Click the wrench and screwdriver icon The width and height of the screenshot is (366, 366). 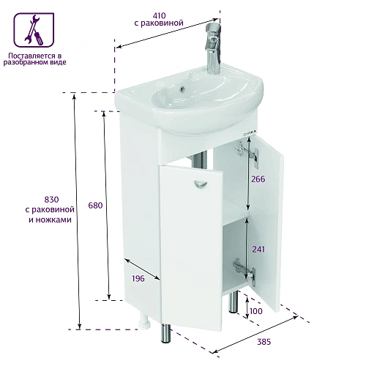click(x=34, y=30)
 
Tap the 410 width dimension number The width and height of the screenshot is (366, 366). click(x=159, y=15)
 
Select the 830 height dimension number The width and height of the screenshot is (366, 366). click(x=51, y=200)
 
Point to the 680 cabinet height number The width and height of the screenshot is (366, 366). click(x=95, y=205)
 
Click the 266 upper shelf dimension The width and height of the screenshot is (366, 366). click(x=258, y=179)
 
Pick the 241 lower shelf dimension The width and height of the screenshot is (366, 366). click(x=258, y=249)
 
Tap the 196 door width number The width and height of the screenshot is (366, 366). click(x=138, y=278)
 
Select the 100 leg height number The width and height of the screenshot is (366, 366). click(x=256, y=311)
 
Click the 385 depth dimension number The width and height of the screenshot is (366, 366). click(x=264, y=342)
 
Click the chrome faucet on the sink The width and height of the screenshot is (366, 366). click(x=214, y=48)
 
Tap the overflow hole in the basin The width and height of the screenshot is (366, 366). click(x=182, y=90)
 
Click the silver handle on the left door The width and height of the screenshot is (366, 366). click(x=200, y=184)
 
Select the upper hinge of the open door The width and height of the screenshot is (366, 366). click(x=247, y=154)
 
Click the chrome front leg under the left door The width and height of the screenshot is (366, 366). click(x=166, y=333)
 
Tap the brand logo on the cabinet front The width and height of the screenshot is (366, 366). click(x=250, y=132)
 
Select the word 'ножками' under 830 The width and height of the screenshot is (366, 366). click(x=53, y=220)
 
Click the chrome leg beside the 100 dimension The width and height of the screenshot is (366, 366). click(x=233, y=302)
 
